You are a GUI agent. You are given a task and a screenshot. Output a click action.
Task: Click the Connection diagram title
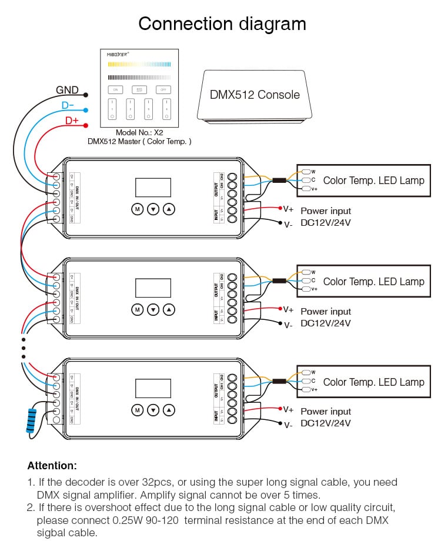pos(222,24)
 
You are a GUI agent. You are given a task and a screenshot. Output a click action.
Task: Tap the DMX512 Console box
pos(255,95)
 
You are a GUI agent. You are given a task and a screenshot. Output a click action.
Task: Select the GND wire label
pos(67,90)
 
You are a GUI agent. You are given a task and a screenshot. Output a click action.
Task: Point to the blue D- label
pos(68,106)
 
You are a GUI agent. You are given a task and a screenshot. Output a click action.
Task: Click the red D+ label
pos(72,121)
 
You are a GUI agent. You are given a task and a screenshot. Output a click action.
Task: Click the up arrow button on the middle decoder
pos(169,309)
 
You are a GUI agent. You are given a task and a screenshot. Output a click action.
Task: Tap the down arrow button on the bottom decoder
pos(153,409)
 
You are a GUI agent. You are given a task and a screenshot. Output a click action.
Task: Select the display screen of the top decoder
pos(153,188)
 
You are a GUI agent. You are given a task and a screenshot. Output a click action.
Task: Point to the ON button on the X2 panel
pos(115,89)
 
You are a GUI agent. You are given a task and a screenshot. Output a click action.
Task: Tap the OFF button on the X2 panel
pos(163,89)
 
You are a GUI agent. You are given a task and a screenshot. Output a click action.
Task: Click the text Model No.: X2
pos(139,133)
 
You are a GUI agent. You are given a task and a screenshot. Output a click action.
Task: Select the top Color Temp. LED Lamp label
pos(373,181)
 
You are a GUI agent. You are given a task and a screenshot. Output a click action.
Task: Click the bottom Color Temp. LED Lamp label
pos(373,382)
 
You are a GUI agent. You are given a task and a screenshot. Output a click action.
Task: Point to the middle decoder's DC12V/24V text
pos(325,323)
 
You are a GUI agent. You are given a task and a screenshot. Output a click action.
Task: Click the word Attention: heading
pos(52,466)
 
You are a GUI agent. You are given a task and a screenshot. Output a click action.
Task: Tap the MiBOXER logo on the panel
pos(118,54)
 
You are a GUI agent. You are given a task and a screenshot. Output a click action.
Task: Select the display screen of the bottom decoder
pos(153,388)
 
